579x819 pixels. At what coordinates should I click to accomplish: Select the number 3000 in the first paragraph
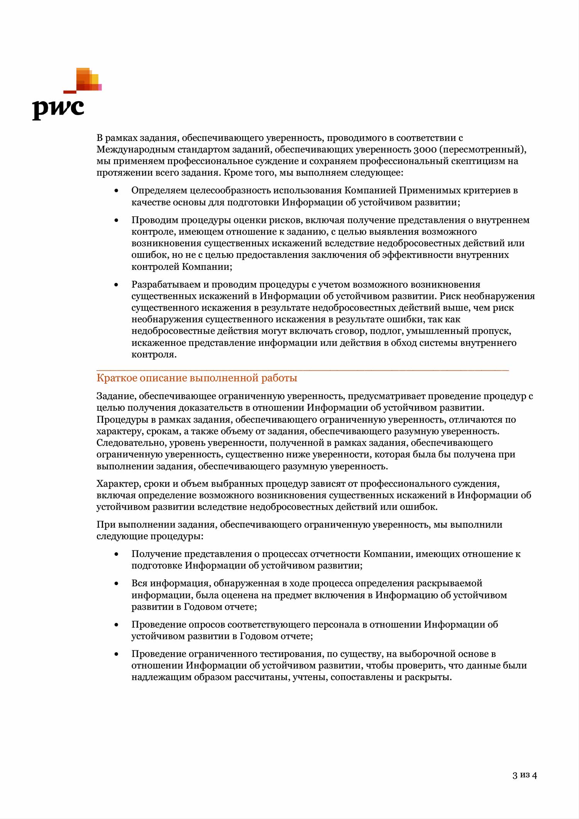coord(425,149)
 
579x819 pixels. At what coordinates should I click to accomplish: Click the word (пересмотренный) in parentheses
coord(482,149)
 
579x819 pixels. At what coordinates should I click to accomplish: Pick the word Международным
coord(135,149)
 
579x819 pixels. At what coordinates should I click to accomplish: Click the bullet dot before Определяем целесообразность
coord(117,191)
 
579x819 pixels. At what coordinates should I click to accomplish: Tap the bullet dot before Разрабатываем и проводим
coord(117,285)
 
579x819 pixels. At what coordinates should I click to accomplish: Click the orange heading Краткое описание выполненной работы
coord(197,378)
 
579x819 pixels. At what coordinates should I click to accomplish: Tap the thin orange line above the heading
coord(303,370)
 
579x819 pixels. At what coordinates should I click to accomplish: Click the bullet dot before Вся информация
coord(117,584)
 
